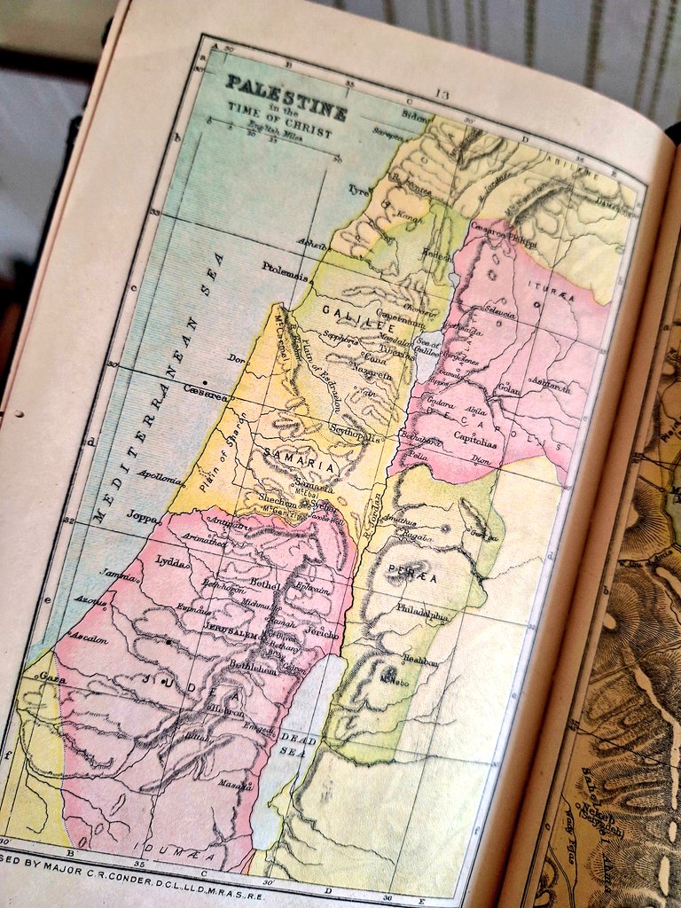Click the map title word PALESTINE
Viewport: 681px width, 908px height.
click(x=286, y=89)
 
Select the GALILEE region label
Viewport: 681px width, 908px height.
click(x=346, y=311)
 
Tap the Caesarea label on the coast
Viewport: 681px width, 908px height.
click(x=205, y=389)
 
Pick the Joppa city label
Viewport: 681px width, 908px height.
click(x=142, y=516)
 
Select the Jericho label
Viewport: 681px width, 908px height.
click(x=323, y=635)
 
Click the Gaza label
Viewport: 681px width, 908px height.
click(x=49, y=676)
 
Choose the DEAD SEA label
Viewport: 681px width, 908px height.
click(x=298, y=743)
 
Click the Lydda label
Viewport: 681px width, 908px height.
click(x=171, y=560)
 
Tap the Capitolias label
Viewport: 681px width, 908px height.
click(x=475, y=434)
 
